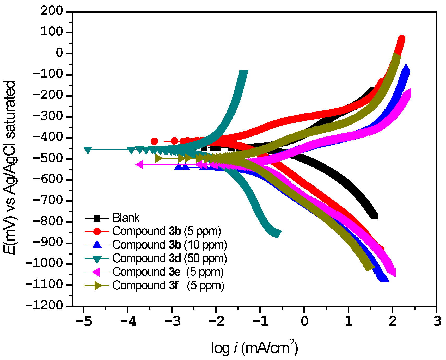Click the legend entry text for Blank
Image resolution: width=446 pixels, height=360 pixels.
[x=126, y=218]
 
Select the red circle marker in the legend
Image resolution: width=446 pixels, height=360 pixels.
[x=97, y=231]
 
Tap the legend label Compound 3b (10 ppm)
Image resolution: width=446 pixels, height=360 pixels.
[x=170, y=245]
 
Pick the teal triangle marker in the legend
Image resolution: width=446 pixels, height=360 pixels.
[x=97, y=259]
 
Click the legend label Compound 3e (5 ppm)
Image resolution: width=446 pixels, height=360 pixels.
[x=168, y=272]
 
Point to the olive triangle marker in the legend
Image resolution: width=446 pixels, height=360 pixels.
[x=97, y=285]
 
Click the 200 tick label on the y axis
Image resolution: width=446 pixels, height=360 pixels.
[x=52, y=11]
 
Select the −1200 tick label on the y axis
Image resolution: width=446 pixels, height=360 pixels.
[x=44, y=305]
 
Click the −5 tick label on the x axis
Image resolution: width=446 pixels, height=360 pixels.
[x=84, y=321]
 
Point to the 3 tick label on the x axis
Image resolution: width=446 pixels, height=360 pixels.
[x=437, y=321]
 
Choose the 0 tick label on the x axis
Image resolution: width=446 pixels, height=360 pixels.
[x=304, y=321]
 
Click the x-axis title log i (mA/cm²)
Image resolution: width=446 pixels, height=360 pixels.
[x=254, y=348]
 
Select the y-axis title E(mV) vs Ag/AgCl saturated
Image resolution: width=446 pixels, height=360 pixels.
[x=10, y=167]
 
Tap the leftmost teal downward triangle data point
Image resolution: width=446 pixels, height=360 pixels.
[x=88, y=150]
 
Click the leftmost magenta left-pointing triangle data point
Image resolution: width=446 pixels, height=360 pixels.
[x=140, y=164]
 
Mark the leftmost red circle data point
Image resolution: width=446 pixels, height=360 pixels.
[x=154, y=141]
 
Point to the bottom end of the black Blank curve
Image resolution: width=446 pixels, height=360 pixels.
[x=374, y=216]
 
